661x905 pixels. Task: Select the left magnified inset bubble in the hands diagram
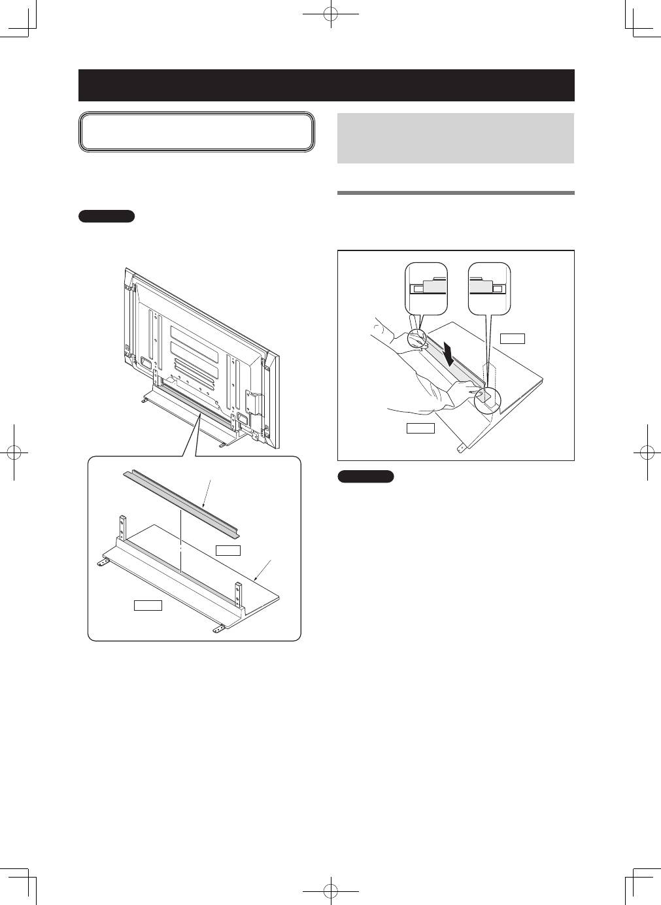click(x=426, y=288)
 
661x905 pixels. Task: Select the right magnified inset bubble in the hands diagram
click(x=490, y=288)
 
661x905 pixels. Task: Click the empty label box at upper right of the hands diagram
click(x=513, y=338)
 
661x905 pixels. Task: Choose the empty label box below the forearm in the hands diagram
click(x=420, y=428)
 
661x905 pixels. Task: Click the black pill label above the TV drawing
click(x=107, y=216)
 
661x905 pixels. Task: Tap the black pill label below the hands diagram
click(x=365, y=477)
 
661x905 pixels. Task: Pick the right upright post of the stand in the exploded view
click(x=239, y=592)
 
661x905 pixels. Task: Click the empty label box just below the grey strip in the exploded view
click(x=229, y=550)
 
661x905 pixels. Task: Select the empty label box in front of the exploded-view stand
click(x=148, y=606)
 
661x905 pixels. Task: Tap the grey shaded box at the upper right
click(x=455, y=138)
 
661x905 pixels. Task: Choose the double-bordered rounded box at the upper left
click(x=197, y=132)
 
